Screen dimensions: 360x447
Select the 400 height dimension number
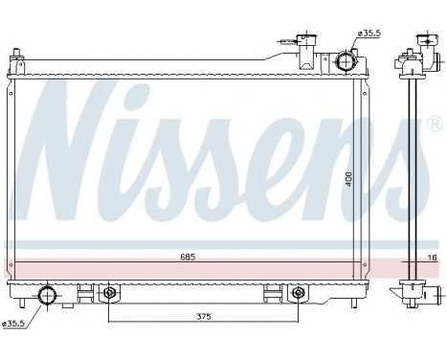click(x=351, y=178)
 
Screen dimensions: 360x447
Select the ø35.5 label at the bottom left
click(x=13, y=324)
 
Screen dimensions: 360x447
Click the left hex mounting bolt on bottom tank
click(x=109, y=292)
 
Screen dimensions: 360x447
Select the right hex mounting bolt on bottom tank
click(x=298, y=292)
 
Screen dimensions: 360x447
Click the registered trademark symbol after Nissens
click(x=434, y=125)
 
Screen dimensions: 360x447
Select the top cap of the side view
click(x=418, y=44)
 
